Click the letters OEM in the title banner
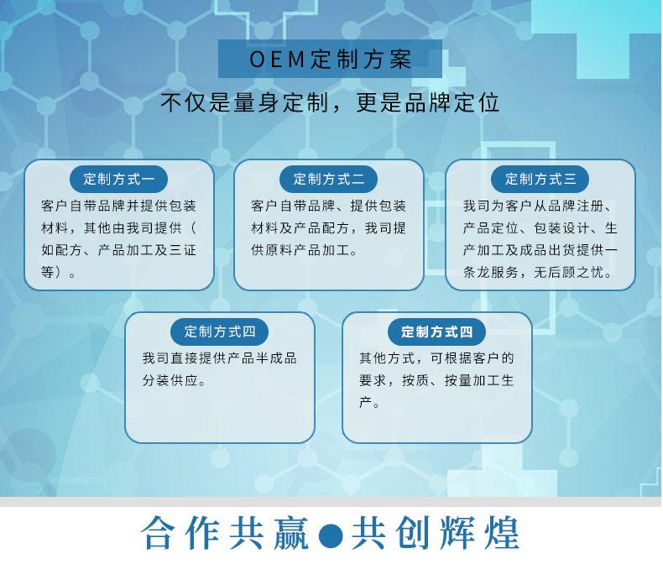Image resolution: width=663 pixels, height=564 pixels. [x=278, y=60]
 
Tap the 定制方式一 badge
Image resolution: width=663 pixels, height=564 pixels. [x=119, y=179]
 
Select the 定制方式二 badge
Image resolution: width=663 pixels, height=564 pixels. [x=328, y=179]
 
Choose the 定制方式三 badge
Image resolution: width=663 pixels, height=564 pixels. [x=540, y=179]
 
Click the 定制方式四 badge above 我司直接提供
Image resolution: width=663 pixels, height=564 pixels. [x=219, y=332]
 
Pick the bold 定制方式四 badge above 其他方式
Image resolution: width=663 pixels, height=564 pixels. [x=436, y=332]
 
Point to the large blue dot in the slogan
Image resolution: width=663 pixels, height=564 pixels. [x=330, y=535]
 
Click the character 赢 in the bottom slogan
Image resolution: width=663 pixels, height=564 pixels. [x=291, y=533]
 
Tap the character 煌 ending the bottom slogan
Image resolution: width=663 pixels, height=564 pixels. [x=502, y=533]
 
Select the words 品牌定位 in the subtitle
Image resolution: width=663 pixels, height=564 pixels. [x=452, y=102]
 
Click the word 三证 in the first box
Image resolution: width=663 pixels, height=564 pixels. [x=182, y=250]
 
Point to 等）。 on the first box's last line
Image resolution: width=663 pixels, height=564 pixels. [x=59, y=272]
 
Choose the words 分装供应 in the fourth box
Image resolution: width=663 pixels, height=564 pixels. [x=170, y=380]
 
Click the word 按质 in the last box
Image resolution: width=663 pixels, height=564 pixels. [x=415, y=380]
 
